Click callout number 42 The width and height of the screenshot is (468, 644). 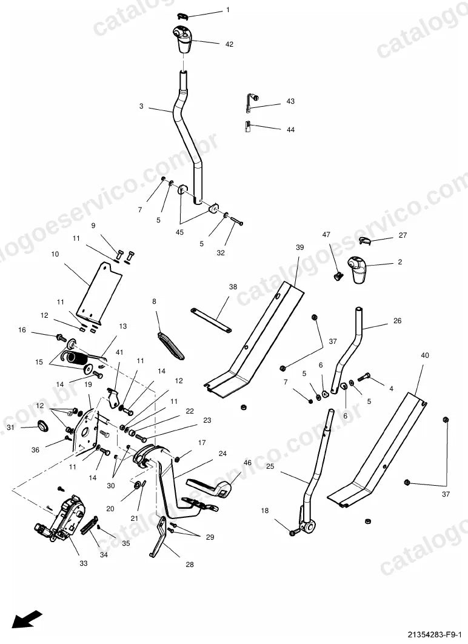[x=229, y=44]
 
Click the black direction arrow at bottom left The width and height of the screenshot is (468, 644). [x=26, y=619]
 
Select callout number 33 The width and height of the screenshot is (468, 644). [x=83, y=563]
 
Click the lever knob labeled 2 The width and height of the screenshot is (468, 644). [x=358, y=269]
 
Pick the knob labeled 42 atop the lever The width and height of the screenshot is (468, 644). [x=182, y=39]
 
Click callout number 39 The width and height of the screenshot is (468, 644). [x=299, y=247]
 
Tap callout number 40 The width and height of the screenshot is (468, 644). [x=425, y=355]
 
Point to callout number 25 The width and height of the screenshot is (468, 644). [x=270, y=466]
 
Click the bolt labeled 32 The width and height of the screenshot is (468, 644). [x=235, y=221]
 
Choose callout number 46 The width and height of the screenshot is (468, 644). [x=247, y=463]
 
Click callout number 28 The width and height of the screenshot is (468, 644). [x=190, y=565]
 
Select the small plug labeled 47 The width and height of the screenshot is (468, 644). [x=338, y=276]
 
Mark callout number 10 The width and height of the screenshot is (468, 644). [x=55, y=254]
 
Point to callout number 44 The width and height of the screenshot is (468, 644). [x=290, y=130]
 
